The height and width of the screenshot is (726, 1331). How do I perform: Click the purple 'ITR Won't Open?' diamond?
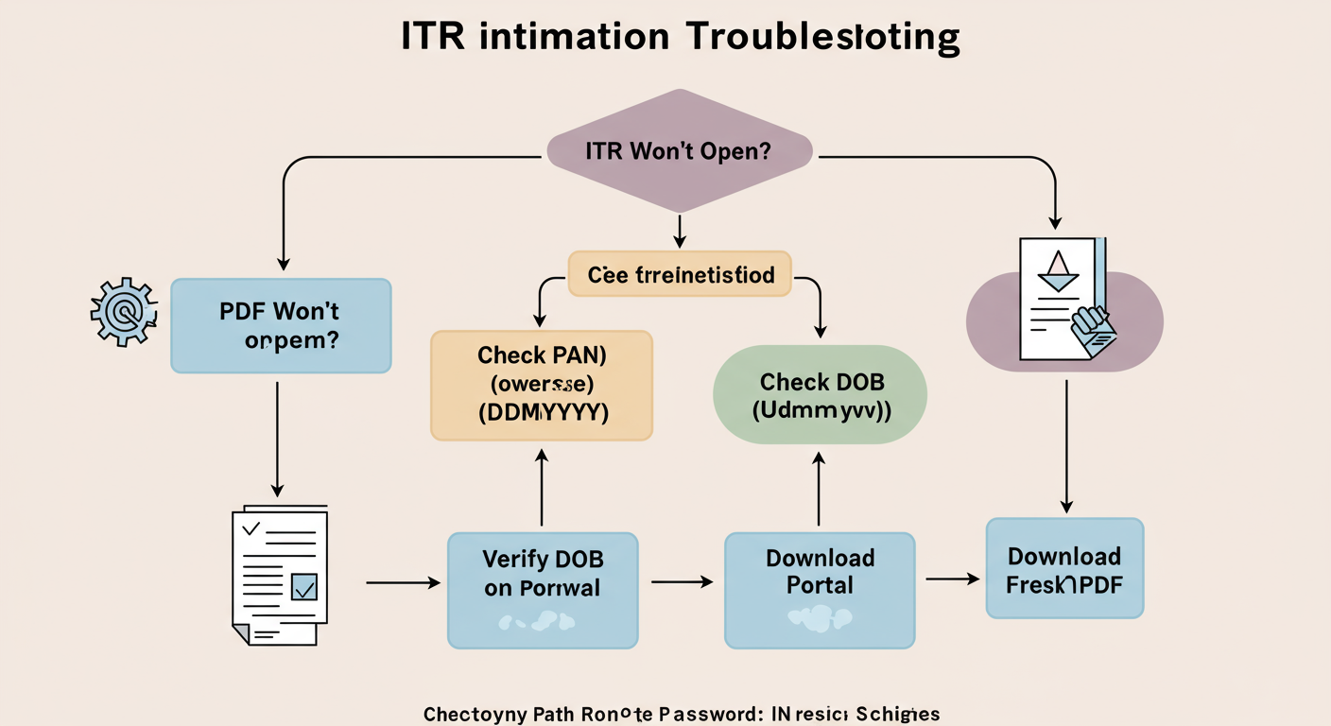[x=679, y=151]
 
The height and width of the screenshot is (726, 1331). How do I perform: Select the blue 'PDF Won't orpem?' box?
[x=281, y=325]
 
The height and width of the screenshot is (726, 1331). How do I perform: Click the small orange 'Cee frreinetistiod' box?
[x=680, y=275]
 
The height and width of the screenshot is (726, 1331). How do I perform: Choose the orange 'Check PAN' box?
[x=541, y=385]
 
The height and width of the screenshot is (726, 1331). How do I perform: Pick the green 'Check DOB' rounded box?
[x=820, y=395]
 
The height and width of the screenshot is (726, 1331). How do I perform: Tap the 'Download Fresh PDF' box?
[x=1064, y=568]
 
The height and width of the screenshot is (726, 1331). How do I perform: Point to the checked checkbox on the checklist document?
[x=304, y=587]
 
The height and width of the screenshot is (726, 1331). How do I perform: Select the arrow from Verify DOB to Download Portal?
[x=682, y=582]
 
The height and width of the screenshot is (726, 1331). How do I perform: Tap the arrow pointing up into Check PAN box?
[x=542, y=487]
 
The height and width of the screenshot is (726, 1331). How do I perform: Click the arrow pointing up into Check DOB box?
[x=819, y=487]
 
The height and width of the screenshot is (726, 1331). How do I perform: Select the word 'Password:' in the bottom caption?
[x=701, y=714]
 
